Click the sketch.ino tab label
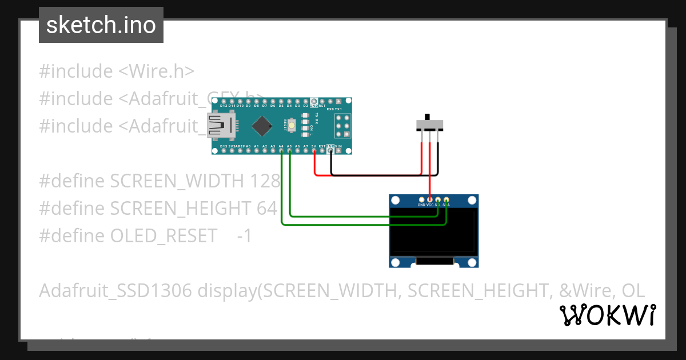101,25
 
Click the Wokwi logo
607,315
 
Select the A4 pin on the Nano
281,151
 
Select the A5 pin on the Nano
289,151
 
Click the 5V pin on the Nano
314,151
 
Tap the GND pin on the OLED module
421,201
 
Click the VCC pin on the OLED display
430,201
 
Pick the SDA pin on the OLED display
446,201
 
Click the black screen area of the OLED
433,231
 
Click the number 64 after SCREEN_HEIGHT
267,208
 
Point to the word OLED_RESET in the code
163,235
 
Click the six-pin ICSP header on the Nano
342,125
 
